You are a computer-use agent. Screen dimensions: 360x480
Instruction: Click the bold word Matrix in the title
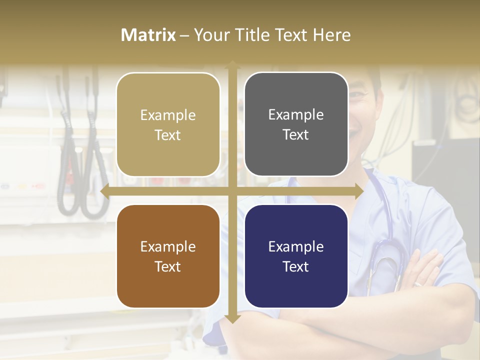coord(148,35)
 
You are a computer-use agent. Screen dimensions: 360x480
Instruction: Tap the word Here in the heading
coord(331,35)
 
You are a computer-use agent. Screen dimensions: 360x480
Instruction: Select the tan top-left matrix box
coord(168,124)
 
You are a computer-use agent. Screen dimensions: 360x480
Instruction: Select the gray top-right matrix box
coord(296,124)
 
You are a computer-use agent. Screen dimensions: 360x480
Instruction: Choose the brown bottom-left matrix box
coord(168,256)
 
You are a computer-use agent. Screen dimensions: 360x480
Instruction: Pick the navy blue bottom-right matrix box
coord(296,256)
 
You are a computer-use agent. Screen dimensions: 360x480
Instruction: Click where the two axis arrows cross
coord(232,191)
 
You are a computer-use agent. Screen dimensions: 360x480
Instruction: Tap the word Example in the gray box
coord(296,115)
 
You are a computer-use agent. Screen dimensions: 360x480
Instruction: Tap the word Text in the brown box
coord(168,266)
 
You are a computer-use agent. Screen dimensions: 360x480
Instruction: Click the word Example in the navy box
coord(296,246)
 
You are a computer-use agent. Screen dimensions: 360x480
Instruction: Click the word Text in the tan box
coord(168,135)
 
